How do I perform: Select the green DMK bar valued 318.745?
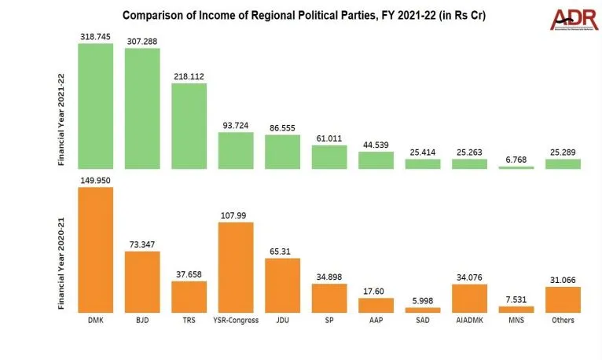96,106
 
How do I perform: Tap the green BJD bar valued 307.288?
142,108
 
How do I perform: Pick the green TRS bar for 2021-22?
189,126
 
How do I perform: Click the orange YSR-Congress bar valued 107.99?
236,268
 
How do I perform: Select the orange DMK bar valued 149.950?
96,250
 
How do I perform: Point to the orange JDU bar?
282,285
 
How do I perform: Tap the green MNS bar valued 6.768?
516,167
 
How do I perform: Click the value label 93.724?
236,125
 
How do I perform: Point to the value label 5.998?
423,300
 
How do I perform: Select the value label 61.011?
329,138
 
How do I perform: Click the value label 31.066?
563,280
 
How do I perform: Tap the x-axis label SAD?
423,320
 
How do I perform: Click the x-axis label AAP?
376,320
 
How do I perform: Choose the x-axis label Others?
563,320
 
